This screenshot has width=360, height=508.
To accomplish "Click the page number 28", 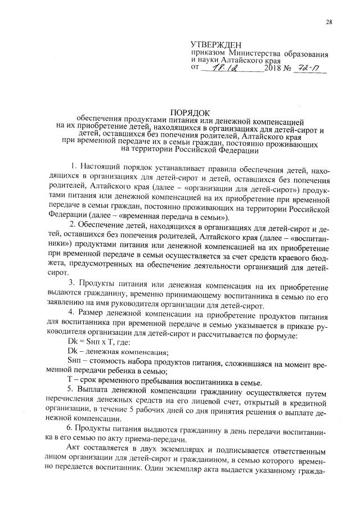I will [x=328, y=22].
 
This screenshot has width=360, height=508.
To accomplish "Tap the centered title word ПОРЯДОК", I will [x=190, y=112].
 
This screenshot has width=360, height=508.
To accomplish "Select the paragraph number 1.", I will [x=74, y=167].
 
